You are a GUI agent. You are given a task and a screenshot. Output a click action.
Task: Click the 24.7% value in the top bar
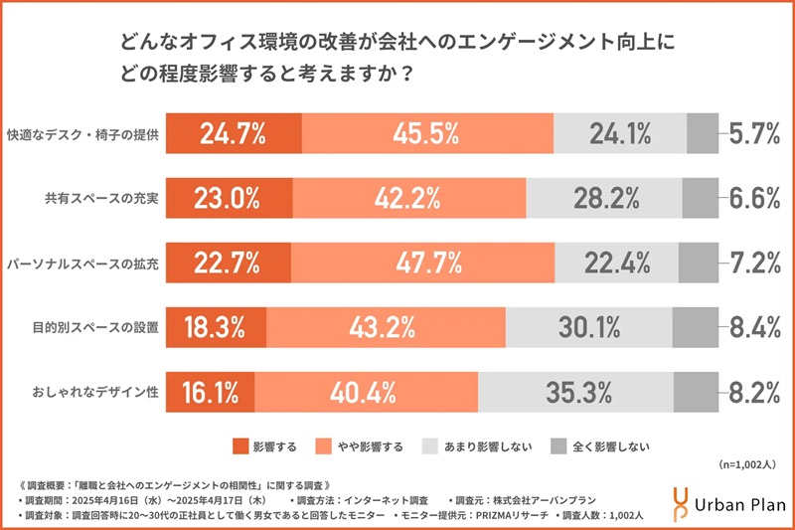coord(230,133)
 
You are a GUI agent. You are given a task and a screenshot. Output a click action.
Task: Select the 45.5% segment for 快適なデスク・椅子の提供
coord(424,133)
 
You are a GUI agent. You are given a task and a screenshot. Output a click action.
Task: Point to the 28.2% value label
coord(605,198)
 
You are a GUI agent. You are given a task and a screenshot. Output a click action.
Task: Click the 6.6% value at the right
coord(753,198)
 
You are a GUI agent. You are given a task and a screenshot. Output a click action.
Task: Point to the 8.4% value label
coord(753,327)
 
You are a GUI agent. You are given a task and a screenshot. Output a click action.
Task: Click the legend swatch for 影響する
coord(238,445)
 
